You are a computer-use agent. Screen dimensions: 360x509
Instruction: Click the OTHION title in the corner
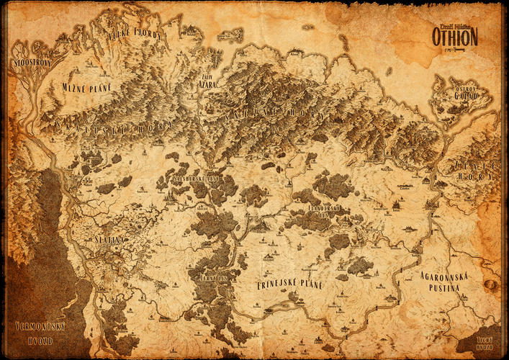(454, 36)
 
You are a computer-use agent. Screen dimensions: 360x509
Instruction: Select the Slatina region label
(109, 239)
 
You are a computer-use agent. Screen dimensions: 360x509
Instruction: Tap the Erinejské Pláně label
(290, 285)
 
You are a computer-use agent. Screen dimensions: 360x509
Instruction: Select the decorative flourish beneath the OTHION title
(454, 48)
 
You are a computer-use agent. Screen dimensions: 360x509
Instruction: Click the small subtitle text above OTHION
(454, 24)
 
